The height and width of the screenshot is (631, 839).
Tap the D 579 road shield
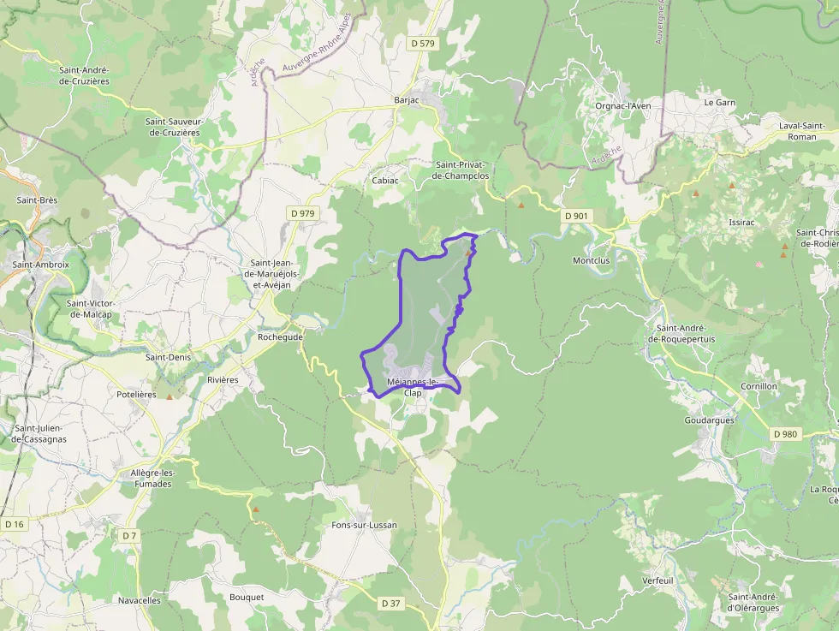point(423,43)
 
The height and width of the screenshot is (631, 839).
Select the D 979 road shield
point(302,213)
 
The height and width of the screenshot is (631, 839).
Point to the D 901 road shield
point(576,216)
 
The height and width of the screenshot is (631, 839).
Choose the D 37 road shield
point(390,603)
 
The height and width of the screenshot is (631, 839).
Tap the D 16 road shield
point(14,523)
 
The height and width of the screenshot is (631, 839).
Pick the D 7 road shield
point(129,535)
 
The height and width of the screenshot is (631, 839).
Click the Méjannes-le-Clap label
point(413,387)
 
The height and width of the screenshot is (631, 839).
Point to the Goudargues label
point(710,420)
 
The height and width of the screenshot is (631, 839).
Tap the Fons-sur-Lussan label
point(364,525)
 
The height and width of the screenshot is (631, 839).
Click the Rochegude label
point(280,337)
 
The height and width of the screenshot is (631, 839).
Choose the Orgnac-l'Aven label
point(623,106)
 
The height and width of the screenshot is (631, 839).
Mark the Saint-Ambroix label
point(40,265)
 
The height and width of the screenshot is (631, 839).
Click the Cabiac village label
point(385,181)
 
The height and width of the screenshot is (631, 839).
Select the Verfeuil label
point(659,580)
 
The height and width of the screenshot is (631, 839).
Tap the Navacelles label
point(140,600)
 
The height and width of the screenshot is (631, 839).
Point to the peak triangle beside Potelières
point(170,396)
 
